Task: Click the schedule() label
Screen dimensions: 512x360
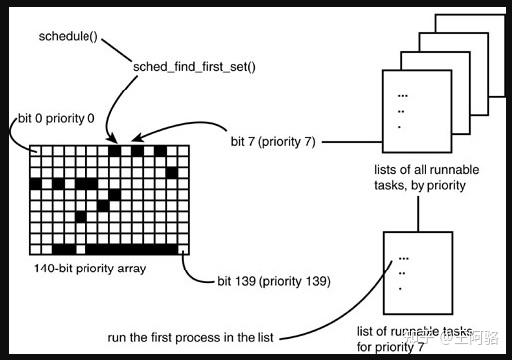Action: (68, 36)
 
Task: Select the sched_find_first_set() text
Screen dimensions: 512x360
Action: (194, 67)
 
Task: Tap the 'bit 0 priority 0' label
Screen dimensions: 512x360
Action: (56, 118)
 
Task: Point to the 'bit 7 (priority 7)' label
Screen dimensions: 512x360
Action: (273, 142)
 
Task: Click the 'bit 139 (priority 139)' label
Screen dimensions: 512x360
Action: (274, 281)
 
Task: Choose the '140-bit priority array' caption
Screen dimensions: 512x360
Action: (90, 268)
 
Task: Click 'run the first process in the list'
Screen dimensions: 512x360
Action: (190, 337)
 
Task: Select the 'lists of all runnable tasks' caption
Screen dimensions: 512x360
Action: (426, 177)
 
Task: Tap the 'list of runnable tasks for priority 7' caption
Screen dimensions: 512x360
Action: (415, 339)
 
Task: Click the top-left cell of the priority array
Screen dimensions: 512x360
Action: (35, 151)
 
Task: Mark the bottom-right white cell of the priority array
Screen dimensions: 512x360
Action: (183, 249)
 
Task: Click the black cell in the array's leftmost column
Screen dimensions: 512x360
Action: (36, 184)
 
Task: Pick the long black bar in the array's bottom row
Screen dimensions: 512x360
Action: (132, 249)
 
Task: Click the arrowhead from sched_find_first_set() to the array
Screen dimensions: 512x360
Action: (112, 139)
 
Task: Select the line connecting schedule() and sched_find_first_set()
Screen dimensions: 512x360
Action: (117, 50)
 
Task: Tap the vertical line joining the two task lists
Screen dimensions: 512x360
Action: (418, 214)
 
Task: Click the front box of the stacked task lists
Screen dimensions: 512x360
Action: (417, 111)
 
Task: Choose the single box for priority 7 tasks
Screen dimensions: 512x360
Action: (418, 273)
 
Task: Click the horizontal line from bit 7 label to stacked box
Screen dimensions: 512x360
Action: (352, 142)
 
